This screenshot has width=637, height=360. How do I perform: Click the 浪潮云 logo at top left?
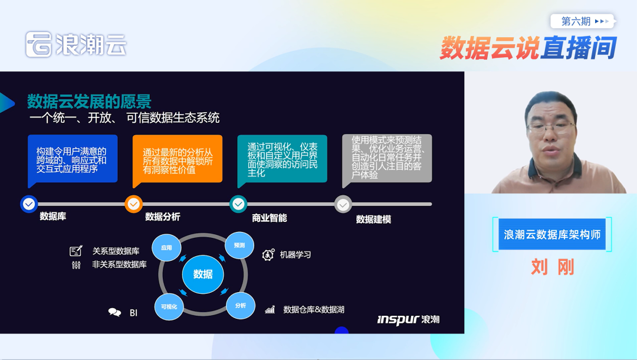(x=75, y=44)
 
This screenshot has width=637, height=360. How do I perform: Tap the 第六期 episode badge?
(x=582, y=21)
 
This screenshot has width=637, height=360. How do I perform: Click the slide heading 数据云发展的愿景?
(x=89, y=101)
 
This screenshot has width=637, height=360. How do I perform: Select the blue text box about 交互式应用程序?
(x=73, y=159)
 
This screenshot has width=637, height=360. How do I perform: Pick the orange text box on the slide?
(x=177, y=159)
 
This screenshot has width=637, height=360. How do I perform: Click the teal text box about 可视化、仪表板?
(x=282, y=159)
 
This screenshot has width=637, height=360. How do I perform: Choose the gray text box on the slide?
(x=387, y=158)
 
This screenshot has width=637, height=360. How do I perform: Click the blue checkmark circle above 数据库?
(x=29, y=204)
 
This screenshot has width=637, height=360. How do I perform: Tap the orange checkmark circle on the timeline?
(x=134, y=204)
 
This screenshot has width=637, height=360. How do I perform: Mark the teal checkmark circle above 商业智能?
(x=238, y=204)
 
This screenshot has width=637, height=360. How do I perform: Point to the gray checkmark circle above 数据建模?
(x=343, y=205)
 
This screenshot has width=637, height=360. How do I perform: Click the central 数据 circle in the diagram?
(x=203, y=274)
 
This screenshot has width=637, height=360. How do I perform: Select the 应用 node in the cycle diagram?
(x=166, y=248)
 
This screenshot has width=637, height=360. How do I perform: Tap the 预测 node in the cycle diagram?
(x=239, y=246)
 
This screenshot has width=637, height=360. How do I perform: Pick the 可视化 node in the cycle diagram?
(x=169, y=306)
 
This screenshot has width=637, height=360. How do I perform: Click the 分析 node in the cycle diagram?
(x=241, y=305)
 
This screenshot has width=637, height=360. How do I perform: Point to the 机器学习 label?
(x=295, y=255)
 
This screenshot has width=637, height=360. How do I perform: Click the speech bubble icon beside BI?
(x=114, y=313)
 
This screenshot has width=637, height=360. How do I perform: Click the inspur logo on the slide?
(x=408, y=319)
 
